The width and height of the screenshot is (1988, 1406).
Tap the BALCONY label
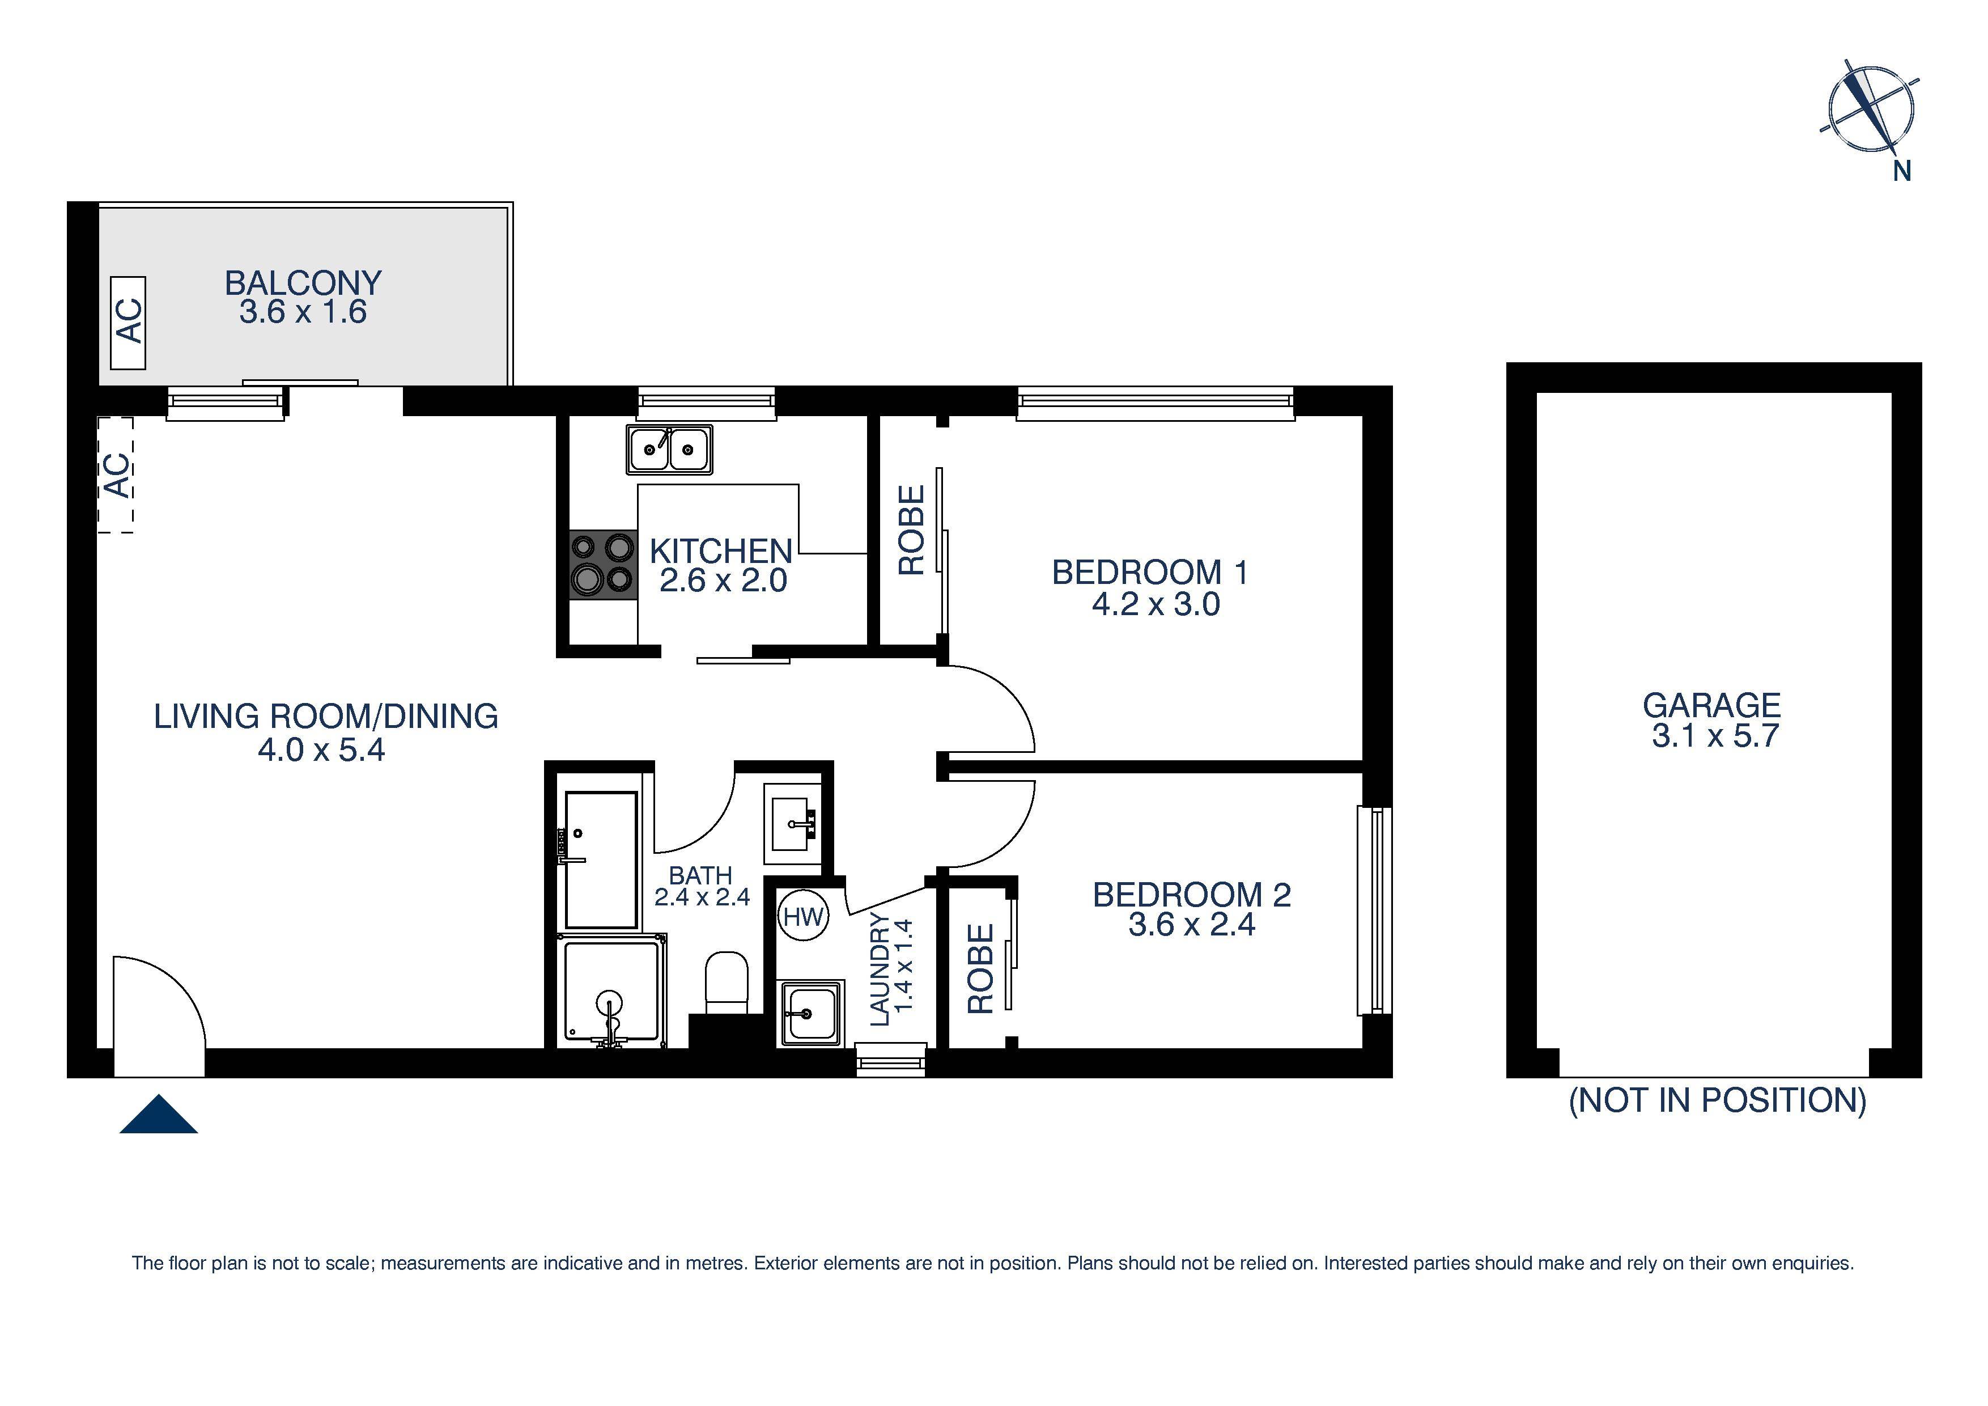tap(303, 283)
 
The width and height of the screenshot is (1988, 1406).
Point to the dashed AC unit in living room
tap(116, 475)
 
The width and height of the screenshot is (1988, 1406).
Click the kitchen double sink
tap(669, 450)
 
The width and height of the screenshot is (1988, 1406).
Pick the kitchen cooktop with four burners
tap(604, 565)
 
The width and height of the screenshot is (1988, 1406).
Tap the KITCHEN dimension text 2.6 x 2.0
tap(723, 581)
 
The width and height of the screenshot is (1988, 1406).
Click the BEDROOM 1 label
tap(1150, 573)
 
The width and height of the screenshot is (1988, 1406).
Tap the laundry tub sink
tap(810, 1012)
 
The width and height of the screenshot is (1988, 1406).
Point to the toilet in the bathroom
tap(727, 981)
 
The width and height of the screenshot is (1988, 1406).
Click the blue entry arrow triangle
tap(159, 1115)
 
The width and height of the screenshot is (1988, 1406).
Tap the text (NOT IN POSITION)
tap(1717, 1100)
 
